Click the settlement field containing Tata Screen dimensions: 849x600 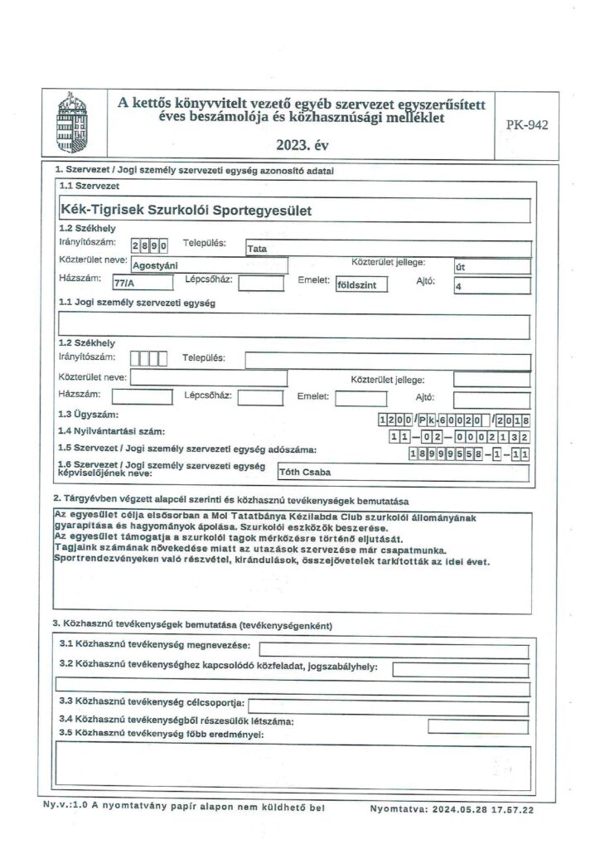tap(387, 248)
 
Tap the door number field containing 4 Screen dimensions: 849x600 tap(491, 286)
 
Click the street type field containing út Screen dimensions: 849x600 tap(491, 266)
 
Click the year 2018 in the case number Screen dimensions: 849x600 tap(516, 420)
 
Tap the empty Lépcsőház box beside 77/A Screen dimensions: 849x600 tap(259, 284)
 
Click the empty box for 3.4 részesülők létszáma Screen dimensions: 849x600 tap(478, 726)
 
